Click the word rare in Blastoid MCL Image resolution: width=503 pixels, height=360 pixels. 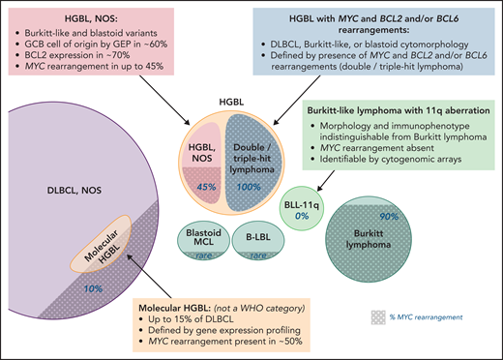(205, 257)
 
